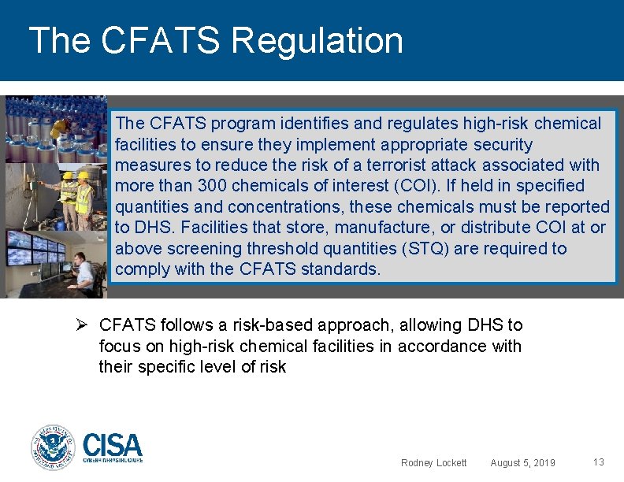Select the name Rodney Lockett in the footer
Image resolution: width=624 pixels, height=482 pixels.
click(x=433, y=462)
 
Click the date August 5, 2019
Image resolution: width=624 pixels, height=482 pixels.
click(x=522, y=462)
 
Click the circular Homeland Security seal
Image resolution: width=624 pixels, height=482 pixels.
click(x=54, y=447)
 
